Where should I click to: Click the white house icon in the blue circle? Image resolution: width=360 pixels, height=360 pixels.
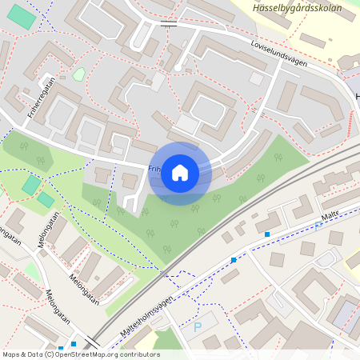point(180,173)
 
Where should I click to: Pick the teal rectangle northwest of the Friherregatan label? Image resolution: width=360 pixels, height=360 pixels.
point(22,18)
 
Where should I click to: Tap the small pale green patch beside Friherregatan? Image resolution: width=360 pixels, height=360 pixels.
point(78,74)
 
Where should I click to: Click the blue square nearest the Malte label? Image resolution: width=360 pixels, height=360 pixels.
point(267,234)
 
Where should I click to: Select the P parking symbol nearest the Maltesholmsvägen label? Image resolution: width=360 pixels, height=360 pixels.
point(198,327)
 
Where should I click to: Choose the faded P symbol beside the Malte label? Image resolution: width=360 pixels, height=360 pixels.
point(319,226)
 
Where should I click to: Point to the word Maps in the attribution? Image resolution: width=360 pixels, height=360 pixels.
point(12,354)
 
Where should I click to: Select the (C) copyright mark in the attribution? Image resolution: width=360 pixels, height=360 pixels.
point(49,354)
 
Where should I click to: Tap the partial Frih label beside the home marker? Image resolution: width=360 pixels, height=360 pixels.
point(154,169)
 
